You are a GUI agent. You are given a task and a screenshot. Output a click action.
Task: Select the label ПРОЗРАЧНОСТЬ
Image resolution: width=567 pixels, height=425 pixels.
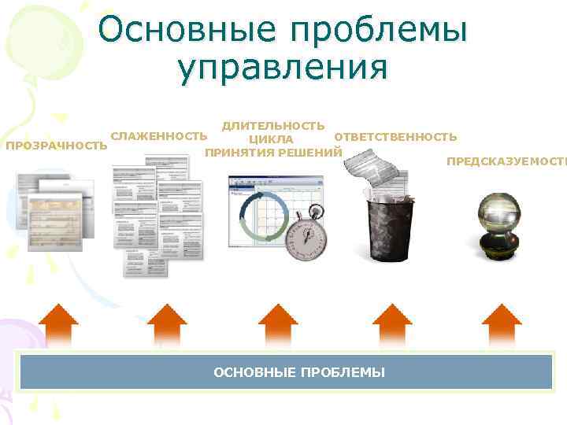[56, 146]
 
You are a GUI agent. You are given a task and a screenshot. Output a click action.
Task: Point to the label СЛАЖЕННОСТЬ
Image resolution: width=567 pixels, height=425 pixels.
[160, 136]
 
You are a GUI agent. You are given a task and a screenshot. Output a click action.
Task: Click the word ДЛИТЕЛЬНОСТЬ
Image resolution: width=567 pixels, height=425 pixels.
[272, 126]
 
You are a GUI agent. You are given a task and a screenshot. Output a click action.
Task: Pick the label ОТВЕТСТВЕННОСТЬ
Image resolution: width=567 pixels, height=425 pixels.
[395, 137]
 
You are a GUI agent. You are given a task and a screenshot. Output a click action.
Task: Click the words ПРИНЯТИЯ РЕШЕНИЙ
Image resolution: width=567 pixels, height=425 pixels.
[273, 152]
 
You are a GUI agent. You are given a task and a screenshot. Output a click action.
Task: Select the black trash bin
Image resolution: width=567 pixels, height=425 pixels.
[387, 225]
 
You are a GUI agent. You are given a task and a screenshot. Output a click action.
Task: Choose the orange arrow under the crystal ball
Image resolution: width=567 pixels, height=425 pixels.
[502, 325]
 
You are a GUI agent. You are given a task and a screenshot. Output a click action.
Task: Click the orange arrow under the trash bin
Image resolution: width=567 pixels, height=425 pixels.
[391, 325]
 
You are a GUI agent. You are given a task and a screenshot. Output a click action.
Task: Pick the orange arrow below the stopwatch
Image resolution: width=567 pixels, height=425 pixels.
[278, 325]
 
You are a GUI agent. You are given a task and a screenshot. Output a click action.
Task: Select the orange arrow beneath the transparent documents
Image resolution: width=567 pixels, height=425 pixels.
[58, 325]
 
